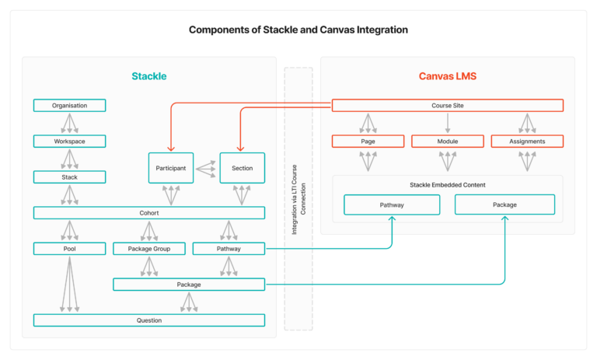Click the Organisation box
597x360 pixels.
pyautogui.click(x=69, y=105)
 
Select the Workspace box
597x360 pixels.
pyautogui.click(x=69, y=142)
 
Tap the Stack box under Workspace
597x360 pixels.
pyautogui.click(x=69, y=177)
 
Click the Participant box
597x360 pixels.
pyautogui.click(x=171, y=168)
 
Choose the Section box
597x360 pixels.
pyautogui.click(x=242, y=168)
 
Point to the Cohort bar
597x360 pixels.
pyautogui.click(x=148, y=213)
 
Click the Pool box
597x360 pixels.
pyautogui.click(x=69, y=249)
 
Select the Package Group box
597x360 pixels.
pyautogui.click(x=148, y=249)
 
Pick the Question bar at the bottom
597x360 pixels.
pyautogui.click(x=148, y=320)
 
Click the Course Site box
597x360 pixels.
pyautogui.click(x=448, y=106)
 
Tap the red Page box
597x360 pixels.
pyautogui.click(x=368, y=142)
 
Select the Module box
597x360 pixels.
pyautogui.click(x=448, y=142)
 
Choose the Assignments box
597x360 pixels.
pyautogui.click(x=527, y=142)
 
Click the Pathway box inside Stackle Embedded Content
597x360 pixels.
pyautogui.click(x=392, y=204)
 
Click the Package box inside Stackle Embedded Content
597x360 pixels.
pyautogui.click(x=504, y=204)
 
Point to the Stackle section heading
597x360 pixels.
pyautogui.click(x=148, y=76)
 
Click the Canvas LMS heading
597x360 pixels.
pyautogui.click(x=447, y=76)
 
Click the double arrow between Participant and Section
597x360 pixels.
pyautogui.click(x=206, y=167)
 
